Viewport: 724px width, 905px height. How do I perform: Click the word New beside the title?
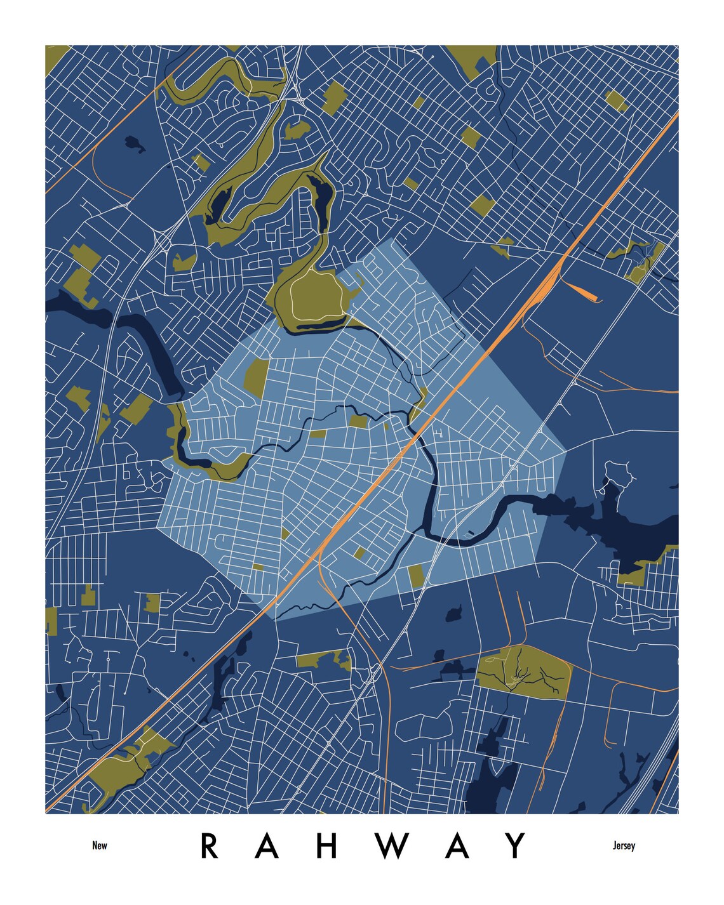point(100,845)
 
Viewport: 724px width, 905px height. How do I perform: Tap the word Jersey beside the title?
point(624,845)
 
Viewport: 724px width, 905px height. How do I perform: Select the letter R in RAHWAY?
point(210,845)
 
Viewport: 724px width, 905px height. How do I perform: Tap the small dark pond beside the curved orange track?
point(135,144)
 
